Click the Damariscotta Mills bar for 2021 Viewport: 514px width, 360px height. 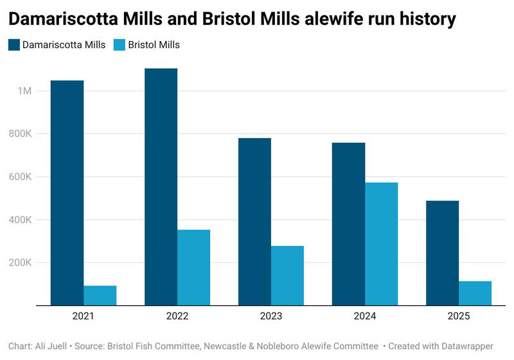click(67, 193)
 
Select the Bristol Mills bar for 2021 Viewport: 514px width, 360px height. click(100, 295)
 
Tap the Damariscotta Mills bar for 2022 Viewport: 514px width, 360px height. click(161, 186)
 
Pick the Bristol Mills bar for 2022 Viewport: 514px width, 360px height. click(193, 267)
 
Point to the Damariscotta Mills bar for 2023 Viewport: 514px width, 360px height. click(254, 221)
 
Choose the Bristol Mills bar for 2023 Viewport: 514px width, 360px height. click(287, 275)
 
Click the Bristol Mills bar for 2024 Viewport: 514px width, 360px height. click(381, 244)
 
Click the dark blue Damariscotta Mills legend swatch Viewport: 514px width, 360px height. click(14, 45)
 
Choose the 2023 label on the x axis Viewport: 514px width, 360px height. click(271, 316)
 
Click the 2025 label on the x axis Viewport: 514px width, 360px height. click(459, 316)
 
